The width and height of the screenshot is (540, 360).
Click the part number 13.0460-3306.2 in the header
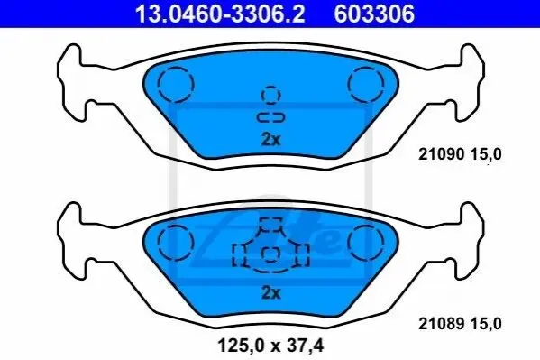[220, 14]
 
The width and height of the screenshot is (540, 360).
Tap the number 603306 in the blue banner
[375, 14]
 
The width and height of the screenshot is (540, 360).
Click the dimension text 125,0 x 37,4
[270, 346]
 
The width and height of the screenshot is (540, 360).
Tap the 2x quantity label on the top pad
[271, 140]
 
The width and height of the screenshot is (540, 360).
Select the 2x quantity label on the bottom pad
[271, 293]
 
